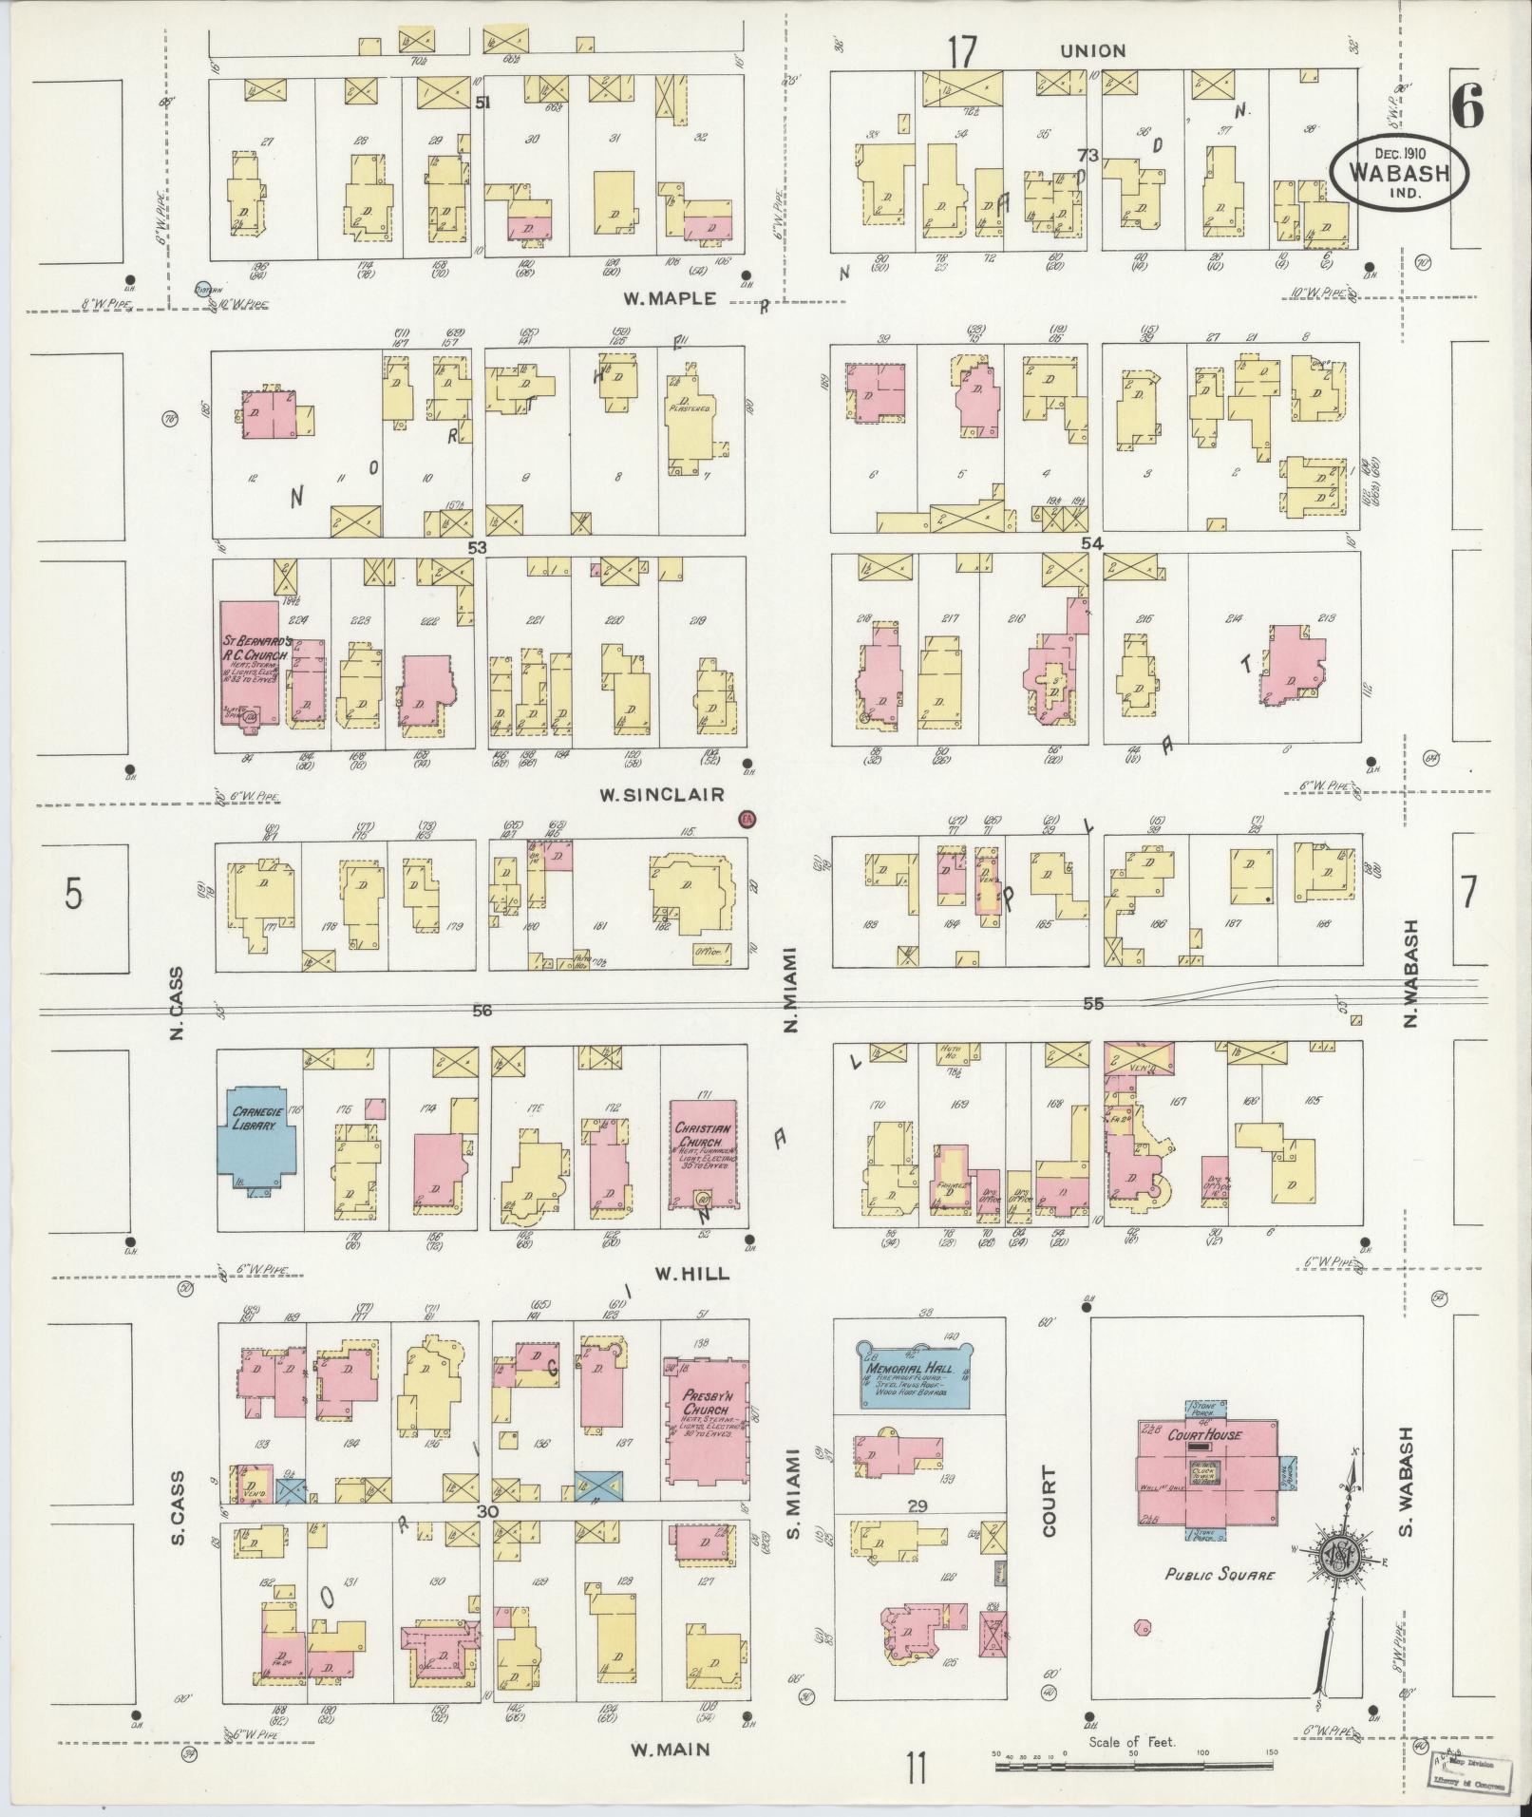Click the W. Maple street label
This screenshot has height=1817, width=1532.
669,298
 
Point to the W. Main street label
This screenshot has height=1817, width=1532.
671,1749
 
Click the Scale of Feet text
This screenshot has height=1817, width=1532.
1132,1742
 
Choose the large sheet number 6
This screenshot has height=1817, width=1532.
1466,111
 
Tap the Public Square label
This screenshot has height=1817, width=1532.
1220,1575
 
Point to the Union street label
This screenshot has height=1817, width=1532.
1092,50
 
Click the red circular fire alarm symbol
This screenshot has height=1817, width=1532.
747,819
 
